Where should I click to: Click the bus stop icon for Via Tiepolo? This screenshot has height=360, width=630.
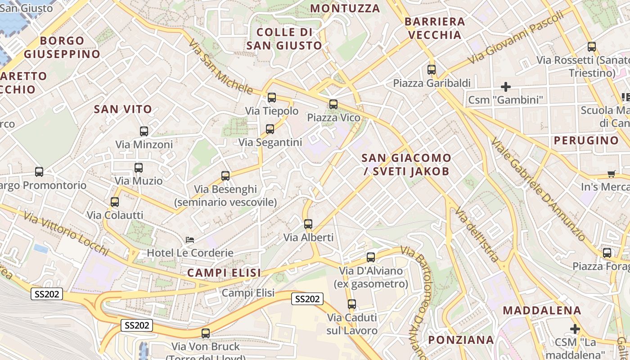pyautogui.click(x=271, y=98)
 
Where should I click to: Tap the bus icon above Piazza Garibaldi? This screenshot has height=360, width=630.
pyautogui.click(x=432, y=70)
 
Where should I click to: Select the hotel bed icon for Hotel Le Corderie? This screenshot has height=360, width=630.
pyautogui.click(x=190, y=240)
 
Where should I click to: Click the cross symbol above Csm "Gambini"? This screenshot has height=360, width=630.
pyautogui.click(x=506, y=86)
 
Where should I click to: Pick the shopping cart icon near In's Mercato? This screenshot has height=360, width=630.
pyautogui.click(x=611, y=174)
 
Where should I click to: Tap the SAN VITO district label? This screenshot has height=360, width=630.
pyautogui.click(x=123, y=109)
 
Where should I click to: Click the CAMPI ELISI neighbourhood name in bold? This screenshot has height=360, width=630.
pyautogui.click(x=224, y=273)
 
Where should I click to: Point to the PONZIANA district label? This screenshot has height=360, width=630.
pyautogui.click(x=461, y=340)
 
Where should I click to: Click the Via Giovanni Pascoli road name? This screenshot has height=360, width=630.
pyautogui.click(x=515, y=38)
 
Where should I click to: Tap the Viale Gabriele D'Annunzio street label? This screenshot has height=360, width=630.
pyautogui.click(x=538, y=189)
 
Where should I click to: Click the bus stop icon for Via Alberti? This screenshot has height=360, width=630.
pyautogui.click(x=308, y=224)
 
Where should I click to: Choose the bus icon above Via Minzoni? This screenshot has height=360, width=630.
pyautogui.click(x=144, y=131)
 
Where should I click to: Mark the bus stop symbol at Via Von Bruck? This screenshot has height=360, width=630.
pyautogui.click(x=206, y=333)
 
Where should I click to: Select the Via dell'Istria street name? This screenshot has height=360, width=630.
pyautogui.click(x=477, y=234)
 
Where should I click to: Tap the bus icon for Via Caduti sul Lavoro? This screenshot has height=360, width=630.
pyautogui.click(x=352, y=304)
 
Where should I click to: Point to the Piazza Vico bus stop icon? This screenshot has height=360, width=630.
pyautogui.click(x=333, y=104)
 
